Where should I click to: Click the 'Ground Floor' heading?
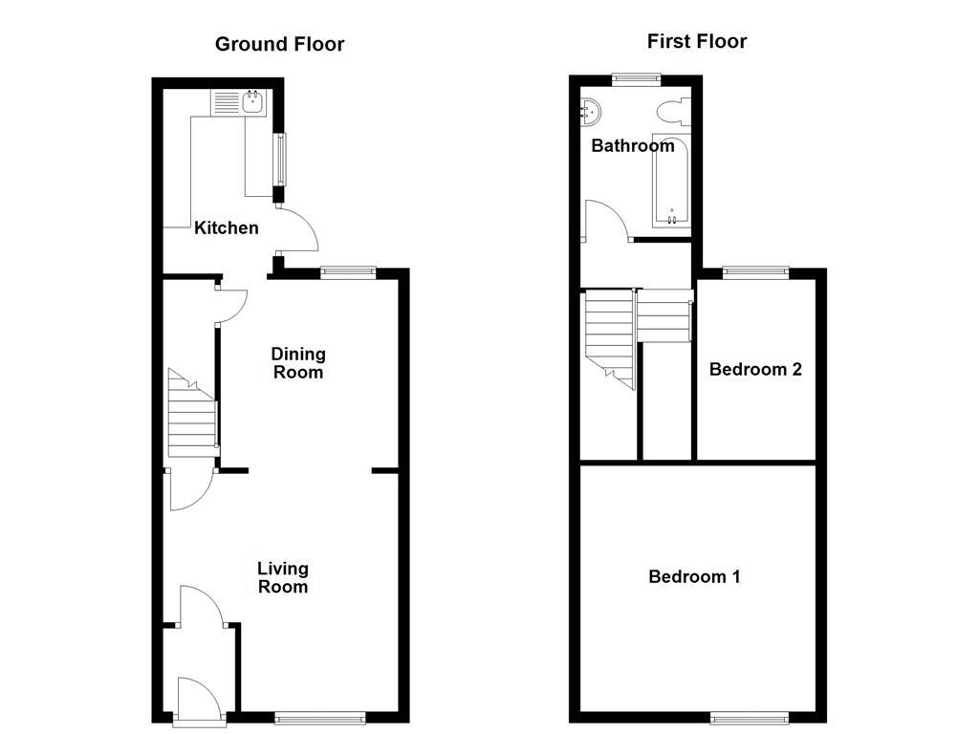(x=279, y=44)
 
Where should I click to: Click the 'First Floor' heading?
(x=696, y=41)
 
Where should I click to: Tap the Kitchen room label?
(x=227, y=227)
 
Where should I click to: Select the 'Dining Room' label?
(x=298, y=363)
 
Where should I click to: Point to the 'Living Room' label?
(x=283, y=577)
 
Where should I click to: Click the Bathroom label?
(x=632, y=146)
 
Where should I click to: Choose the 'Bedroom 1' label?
(x=694, y=576)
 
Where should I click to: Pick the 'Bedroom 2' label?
(x=755, y=370)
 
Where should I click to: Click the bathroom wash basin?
(x=591, y=112)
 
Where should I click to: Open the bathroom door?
(x=605, y=221)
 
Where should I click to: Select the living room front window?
(x=319, y=716)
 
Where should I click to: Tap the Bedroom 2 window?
(x=755, y=272)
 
